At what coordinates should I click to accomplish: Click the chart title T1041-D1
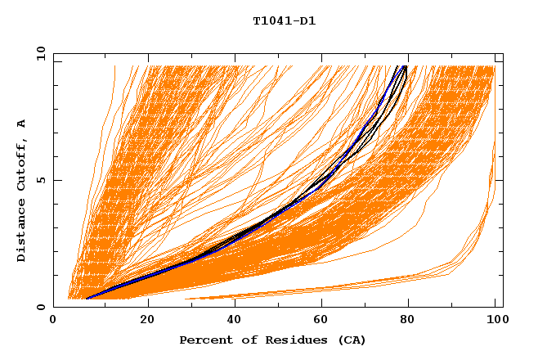(x=284, y=21)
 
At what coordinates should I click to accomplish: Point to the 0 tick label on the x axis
(x=53, y=319)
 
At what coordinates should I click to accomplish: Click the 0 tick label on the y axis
(x=40, y=307)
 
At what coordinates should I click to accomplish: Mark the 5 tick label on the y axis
(x=40, y=180)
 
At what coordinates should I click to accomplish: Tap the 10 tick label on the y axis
(x=38, y=53)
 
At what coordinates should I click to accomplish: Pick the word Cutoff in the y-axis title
(x=21, y=163)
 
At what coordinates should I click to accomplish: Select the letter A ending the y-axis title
(x=21, y=123)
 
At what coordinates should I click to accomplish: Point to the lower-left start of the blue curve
(x=87, y=299)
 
